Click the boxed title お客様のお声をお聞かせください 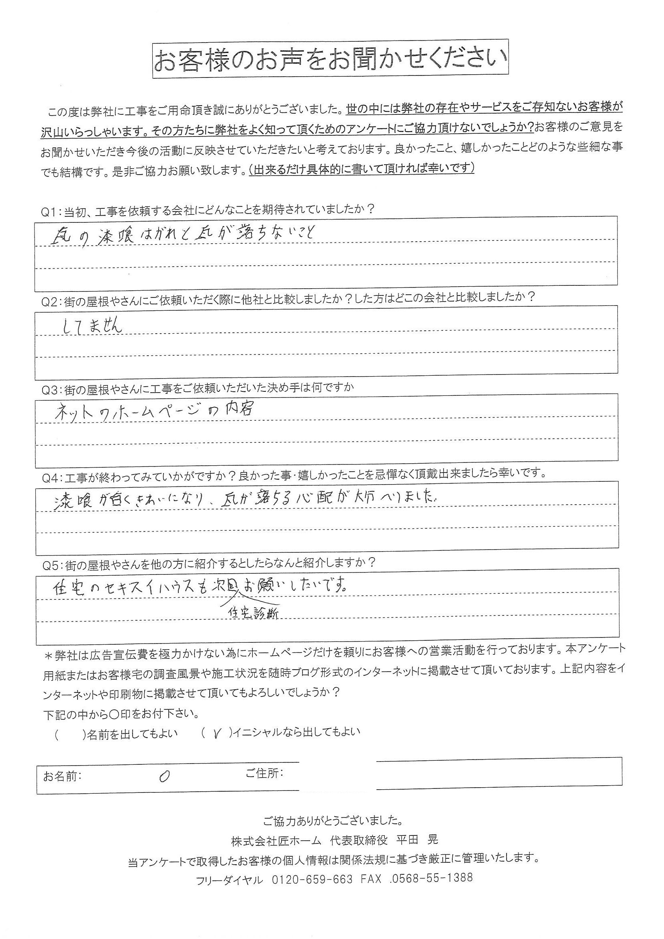point(331,60)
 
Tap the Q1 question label point(51,210)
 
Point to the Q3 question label point(51,388)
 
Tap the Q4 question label point(51,475)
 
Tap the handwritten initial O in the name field point(164,776)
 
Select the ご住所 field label point(264,773)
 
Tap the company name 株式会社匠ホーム point(276,839)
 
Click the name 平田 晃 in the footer point(417,839)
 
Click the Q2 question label point(51,297)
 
